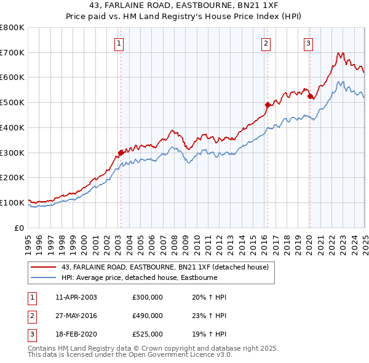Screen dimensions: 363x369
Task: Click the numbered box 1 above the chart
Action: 118,43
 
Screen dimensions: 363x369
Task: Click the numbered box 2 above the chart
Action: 266,43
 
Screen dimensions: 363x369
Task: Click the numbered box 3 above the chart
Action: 307,43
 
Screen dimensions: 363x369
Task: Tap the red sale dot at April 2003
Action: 121,152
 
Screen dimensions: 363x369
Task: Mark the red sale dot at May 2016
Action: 268,105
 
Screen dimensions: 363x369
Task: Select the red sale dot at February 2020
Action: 309,96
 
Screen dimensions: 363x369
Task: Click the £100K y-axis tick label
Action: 12,202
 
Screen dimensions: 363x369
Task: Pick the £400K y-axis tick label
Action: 12,127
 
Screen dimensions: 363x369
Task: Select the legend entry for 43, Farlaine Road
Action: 165,268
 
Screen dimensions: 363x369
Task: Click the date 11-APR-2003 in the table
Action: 76,297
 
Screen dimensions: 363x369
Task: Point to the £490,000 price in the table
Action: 148,316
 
